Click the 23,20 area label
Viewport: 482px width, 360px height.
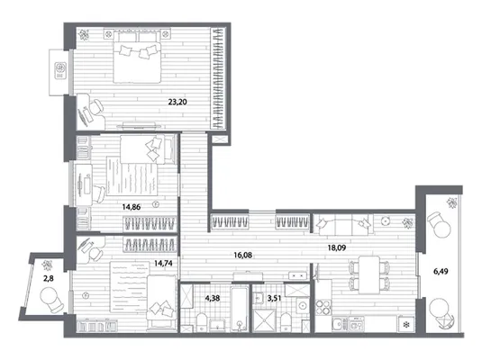[177, 102]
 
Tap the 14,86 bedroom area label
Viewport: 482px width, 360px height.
[132, 207]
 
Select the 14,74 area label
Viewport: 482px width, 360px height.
[163, 263]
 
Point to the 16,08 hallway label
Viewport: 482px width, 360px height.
[243, 255]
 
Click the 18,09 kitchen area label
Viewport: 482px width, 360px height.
[337, 247]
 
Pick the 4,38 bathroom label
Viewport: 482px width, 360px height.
[213, 298]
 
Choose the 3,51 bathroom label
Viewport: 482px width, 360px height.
[274, 298]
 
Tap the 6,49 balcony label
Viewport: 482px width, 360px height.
[441, 271]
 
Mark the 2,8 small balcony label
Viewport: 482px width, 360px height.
[49, 278]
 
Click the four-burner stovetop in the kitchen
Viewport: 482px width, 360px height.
[323, 307]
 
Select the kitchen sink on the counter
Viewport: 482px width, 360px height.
[338, 323]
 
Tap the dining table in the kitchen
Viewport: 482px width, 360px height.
[369, 274]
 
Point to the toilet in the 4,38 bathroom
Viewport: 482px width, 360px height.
[202, 322]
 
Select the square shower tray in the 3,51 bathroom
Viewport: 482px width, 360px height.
[264, 320]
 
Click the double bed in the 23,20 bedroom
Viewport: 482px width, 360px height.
[137, 57]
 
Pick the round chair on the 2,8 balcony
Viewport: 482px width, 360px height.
[50, 299]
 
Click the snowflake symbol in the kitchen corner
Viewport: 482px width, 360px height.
[406, 324]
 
